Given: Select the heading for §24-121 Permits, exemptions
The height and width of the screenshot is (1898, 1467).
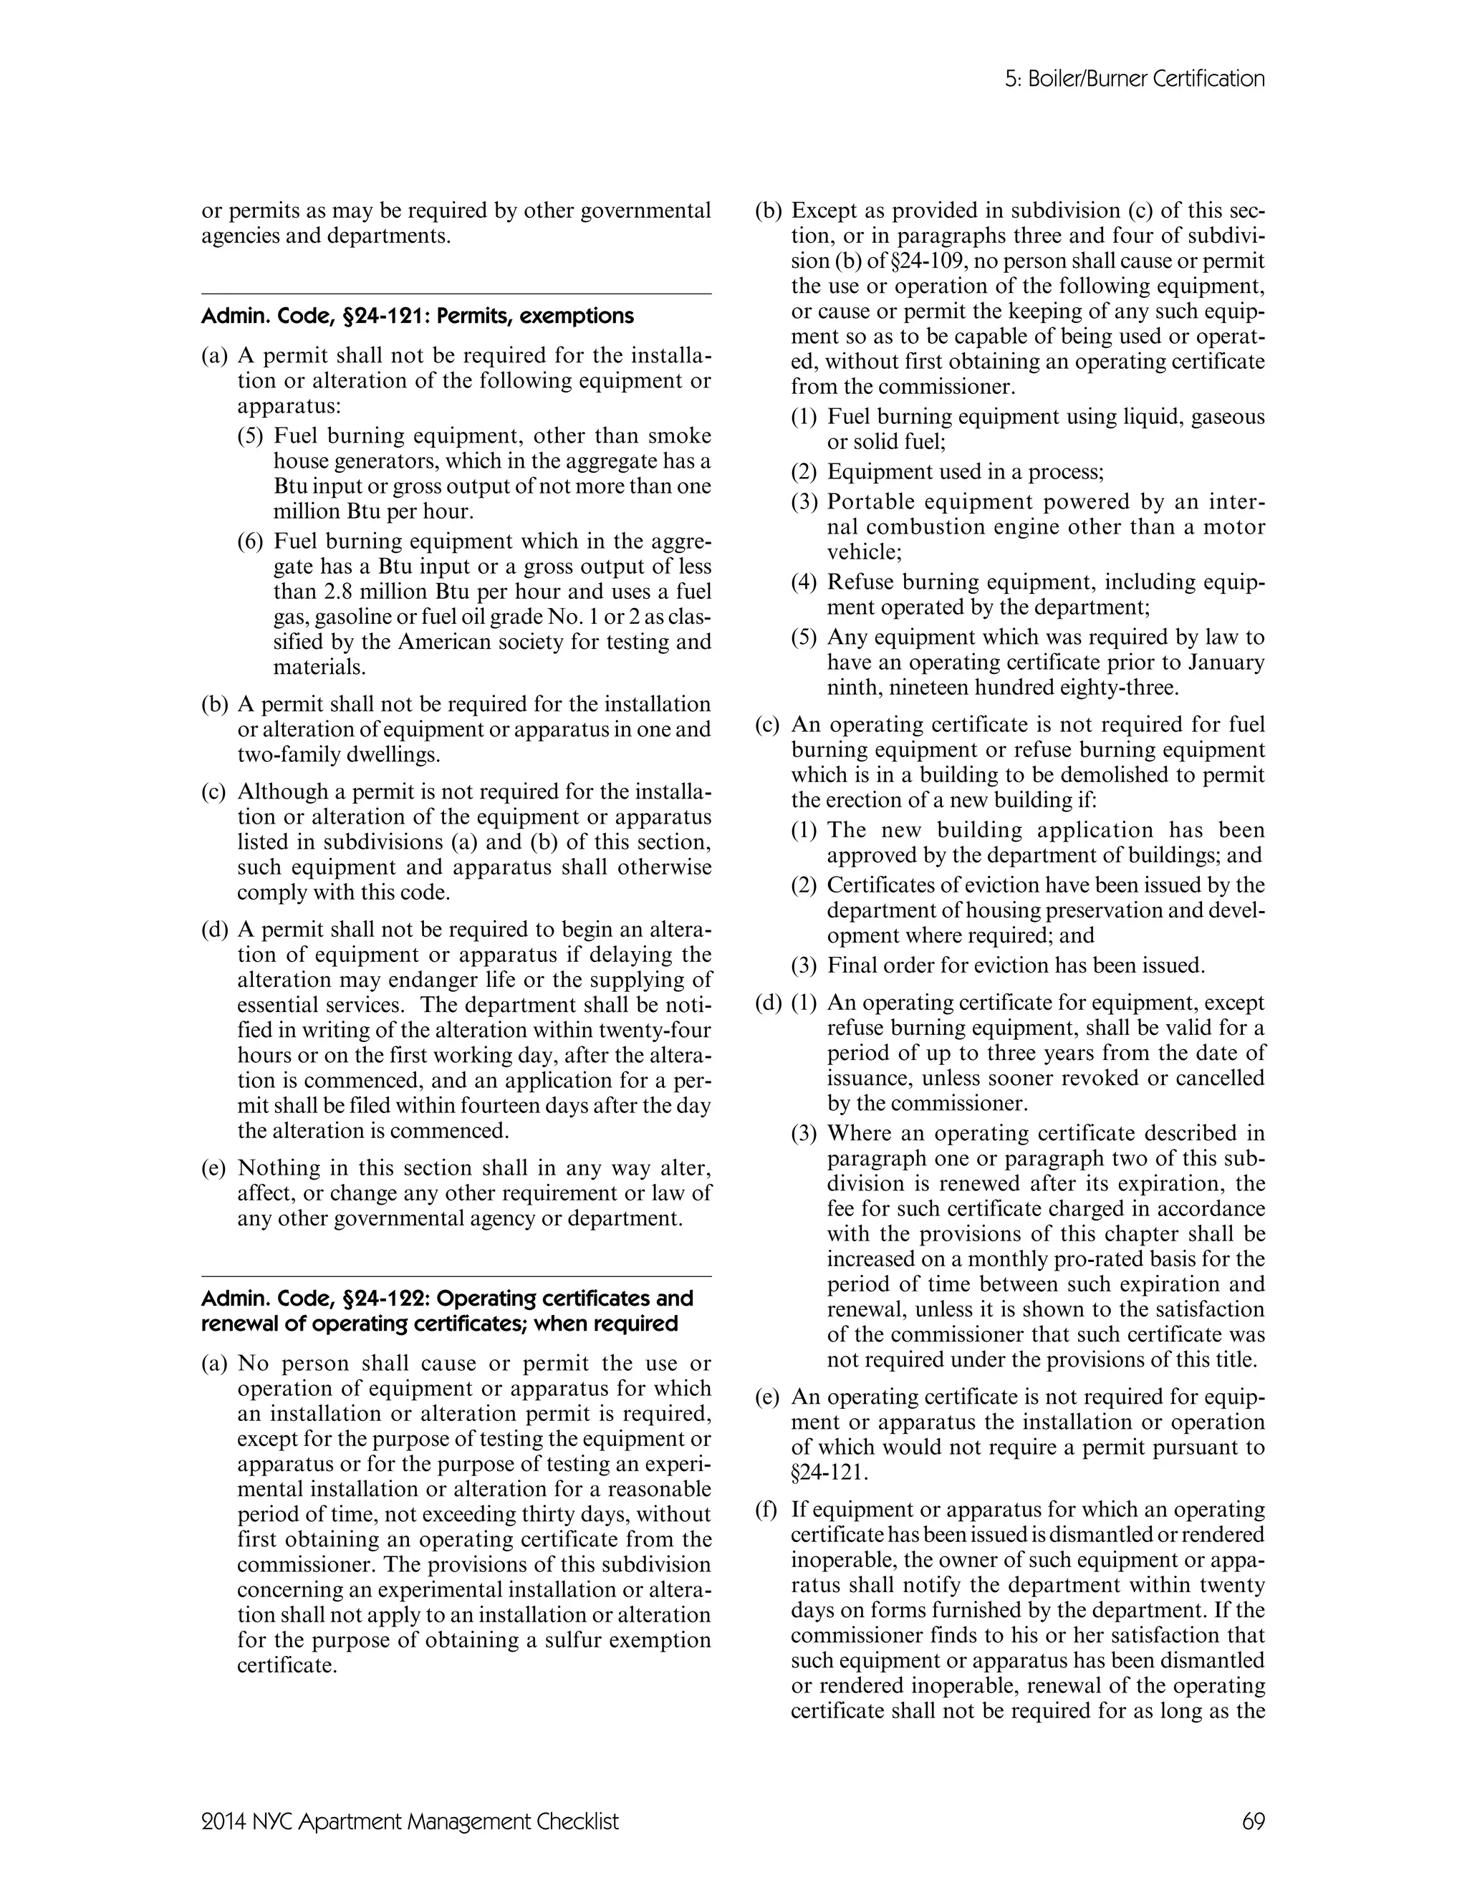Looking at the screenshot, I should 417,315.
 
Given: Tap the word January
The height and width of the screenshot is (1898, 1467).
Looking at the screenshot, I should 1223,663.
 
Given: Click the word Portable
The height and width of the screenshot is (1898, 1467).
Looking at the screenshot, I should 869,501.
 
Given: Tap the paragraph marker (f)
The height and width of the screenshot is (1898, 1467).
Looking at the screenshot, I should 766,1510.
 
